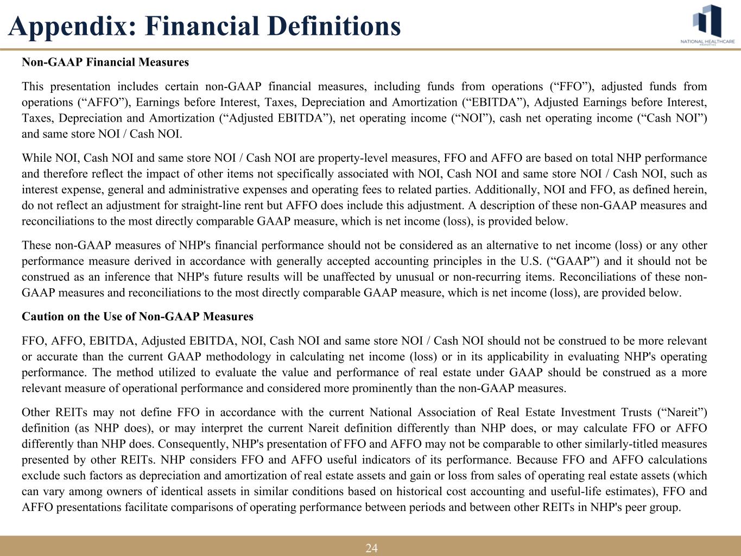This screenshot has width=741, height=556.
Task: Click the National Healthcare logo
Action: pos(707,25)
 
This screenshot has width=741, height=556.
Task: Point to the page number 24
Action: pos(371,548)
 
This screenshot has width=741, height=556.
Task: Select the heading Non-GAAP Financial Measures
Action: pos(105,62)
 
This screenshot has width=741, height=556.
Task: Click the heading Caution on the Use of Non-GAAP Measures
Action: pos(137,317)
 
